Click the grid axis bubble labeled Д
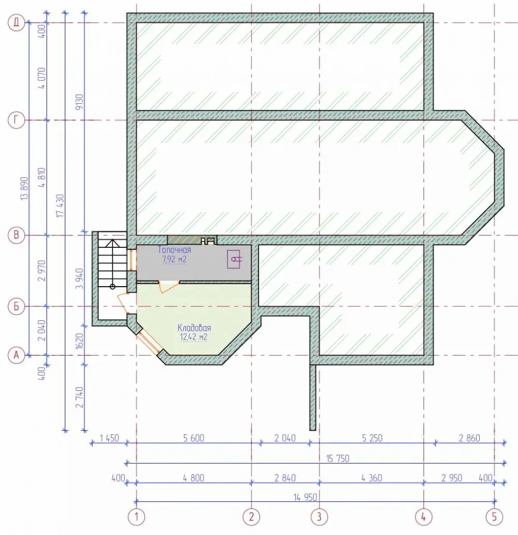pos(17,23)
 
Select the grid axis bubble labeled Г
pos(17,120)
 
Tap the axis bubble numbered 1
pos(136,517)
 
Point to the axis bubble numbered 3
pos(319,517)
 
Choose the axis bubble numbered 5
pos(495,517)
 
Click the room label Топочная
pos(174,250)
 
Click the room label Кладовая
pos(194,328)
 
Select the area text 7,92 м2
pos(174,259)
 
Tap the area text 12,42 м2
pos(193,337)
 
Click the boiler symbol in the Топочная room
pos(234,259)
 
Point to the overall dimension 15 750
pos(338,458)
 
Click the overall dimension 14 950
pos(305,497)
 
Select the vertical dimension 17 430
pos(60,206)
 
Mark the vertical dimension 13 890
pos(24,188)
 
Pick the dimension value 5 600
pos(194,438)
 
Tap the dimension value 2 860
pos(469,438)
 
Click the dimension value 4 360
pos(372,478)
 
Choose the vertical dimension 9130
pos(79,102)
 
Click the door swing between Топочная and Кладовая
pos(169,287)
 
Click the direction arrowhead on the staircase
pos(112,243)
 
